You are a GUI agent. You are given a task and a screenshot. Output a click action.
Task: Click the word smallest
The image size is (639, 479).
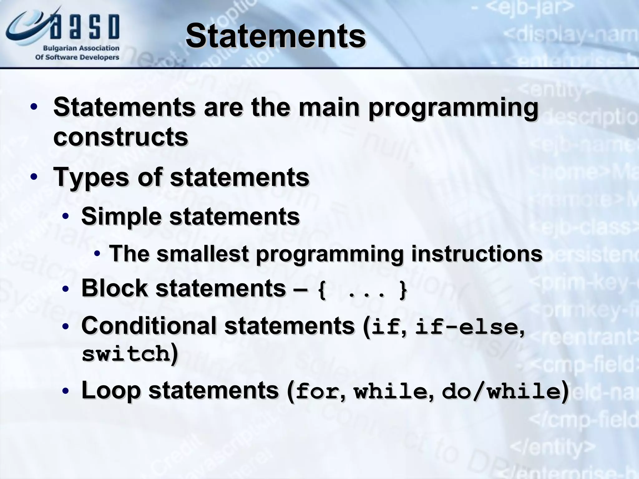[x=202, y=253]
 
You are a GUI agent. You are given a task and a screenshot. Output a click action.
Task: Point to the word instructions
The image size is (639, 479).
[x=477, y=253]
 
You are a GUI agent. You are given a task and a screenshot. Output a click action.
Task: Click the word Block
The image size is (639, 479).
[x=114, y=288]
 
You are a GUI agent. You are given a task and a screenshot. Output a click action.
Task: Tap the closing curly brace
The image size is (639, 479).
[x=403, y=290]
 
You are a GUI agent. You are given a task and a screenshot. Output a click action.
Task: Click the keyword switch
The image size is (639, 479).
[x=126, y=354]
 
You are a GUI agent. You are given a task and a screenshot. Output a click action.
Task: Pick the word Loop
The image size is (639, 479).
[x=110, y=390]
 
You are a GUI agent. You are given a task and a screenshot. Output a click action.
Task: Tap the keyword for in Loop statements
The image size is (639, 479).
[x=317, y=392]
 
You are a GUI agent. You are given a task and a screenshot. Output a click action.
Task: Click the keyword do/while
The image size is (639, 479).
[x=501, y=392]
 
